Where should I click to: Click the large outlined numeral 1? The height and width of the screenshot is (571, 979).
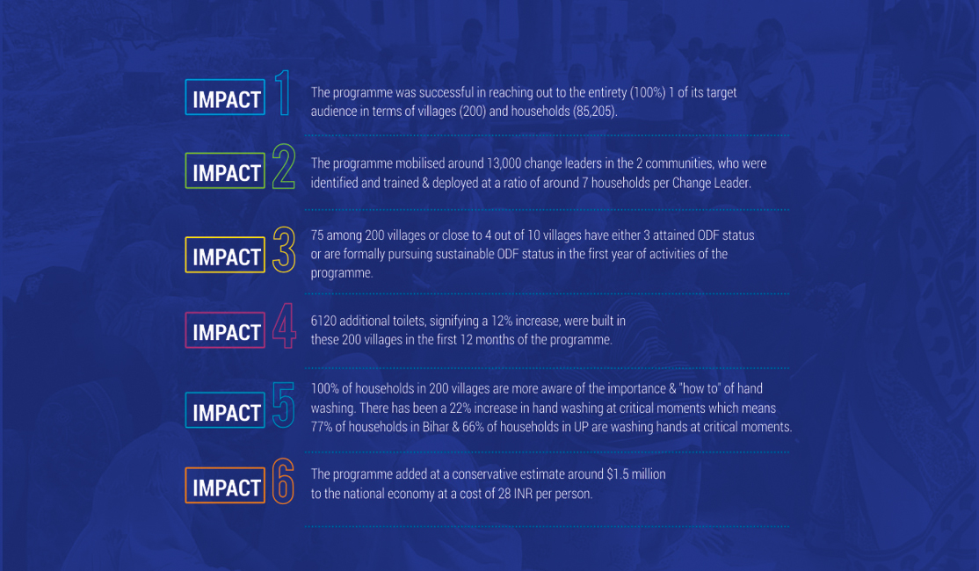tap(284, 93)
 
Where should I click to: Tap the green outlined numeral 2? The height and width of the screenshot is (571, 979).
tap(284, 166)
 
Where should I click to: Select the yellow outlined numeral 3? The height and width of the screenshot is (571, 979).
tap(284, 249)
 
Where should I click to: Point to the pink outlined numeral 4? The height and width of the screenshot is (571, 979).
tap(284, 325)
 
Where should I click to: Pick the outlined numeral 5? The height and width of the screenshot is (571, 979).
tap(284, 405)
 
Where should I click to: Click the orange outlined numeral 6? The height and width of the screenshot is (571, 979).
tap(283, 481)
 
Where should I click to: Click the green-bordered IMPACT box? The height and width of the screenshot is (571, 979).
tap(225, 171)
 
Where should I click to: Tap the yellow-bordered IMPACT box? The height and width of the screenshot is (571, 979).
tap(225, 256)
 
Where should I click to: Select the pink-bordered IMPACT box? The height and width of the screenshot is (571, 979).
tap(225, 330)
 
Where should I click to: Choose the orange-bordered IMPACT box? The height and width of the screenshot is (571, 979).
tap(225, 486)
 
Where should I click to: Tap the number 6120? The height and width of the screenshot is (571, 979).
tap(323, 321)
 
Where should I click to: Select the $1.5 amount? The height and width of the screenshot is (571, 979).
tap(617, 474)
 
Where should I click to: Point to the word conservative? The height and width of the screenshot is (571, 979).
tap(486, 474)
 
